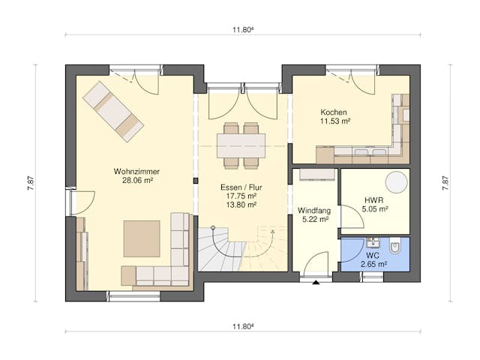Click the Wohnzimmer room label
[x=137, y=171]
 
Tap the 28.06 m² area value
[x=137, y=181]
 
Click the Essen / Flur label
[x=241, y=186]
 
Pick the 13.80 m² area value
[x=241, y=205]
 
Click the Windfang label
[x=313, y=210]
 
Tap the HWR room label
[x=373, y=200]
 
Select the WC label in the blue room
[x=372, y=254]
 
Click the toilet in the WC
[x=397, y=247]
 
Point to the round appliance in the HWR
[x=396, y=182]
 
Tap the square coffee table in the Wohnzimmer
[x=142, y=238]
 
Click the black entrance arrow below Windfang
[x=315, y=283]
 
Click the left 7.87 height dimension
[x=31, y=183]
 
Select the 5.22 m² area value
[x=313, y=220]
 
